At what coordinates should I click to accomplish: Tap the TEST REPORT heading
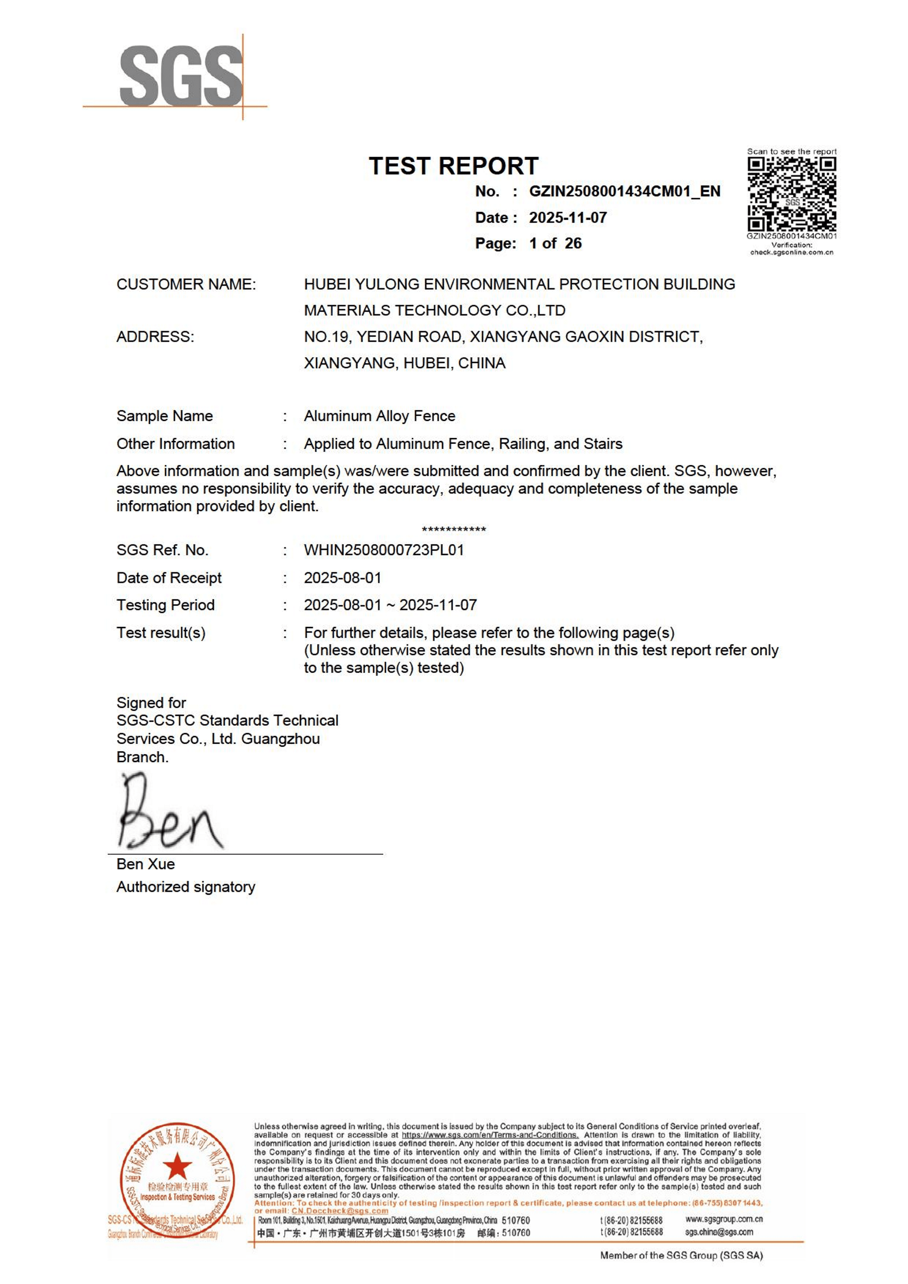click(453, 166)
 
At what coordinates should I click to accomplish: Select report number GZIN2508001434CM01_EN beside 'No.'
click(624, 191)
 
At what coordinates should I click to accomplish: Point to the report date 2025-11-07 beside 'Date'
click(568, 217)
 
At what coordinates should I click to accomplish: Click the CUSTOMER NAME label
click(186, 284)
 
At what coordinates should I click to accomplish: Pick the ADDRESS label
click(155, 337)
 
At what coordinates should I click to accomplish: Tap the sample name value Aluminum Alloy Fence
click(379, 416)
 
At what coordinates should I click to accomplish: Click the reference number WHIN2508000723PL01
click(384, 550)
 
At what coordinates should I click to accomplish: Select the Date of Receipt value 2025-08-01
click(342, 578)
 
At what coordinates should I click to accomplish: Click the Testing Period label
click(165, 605)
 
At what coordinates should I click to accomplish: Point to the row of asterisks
click(454, 529)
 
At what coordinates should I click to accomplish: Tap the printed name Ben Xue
click(145, 864)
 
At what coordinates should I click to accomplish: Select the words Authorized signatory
click(186, 887)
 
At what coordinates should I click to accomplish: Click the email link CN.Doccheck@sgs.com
click(340, 1211)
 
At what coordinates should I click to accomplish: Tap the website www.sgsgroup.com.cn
click(723, 1219)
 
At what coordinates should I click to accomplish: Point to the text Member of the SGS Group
click(681, 1255)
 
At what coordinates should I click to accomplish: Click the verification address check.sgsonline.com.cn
click(792, 252)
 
